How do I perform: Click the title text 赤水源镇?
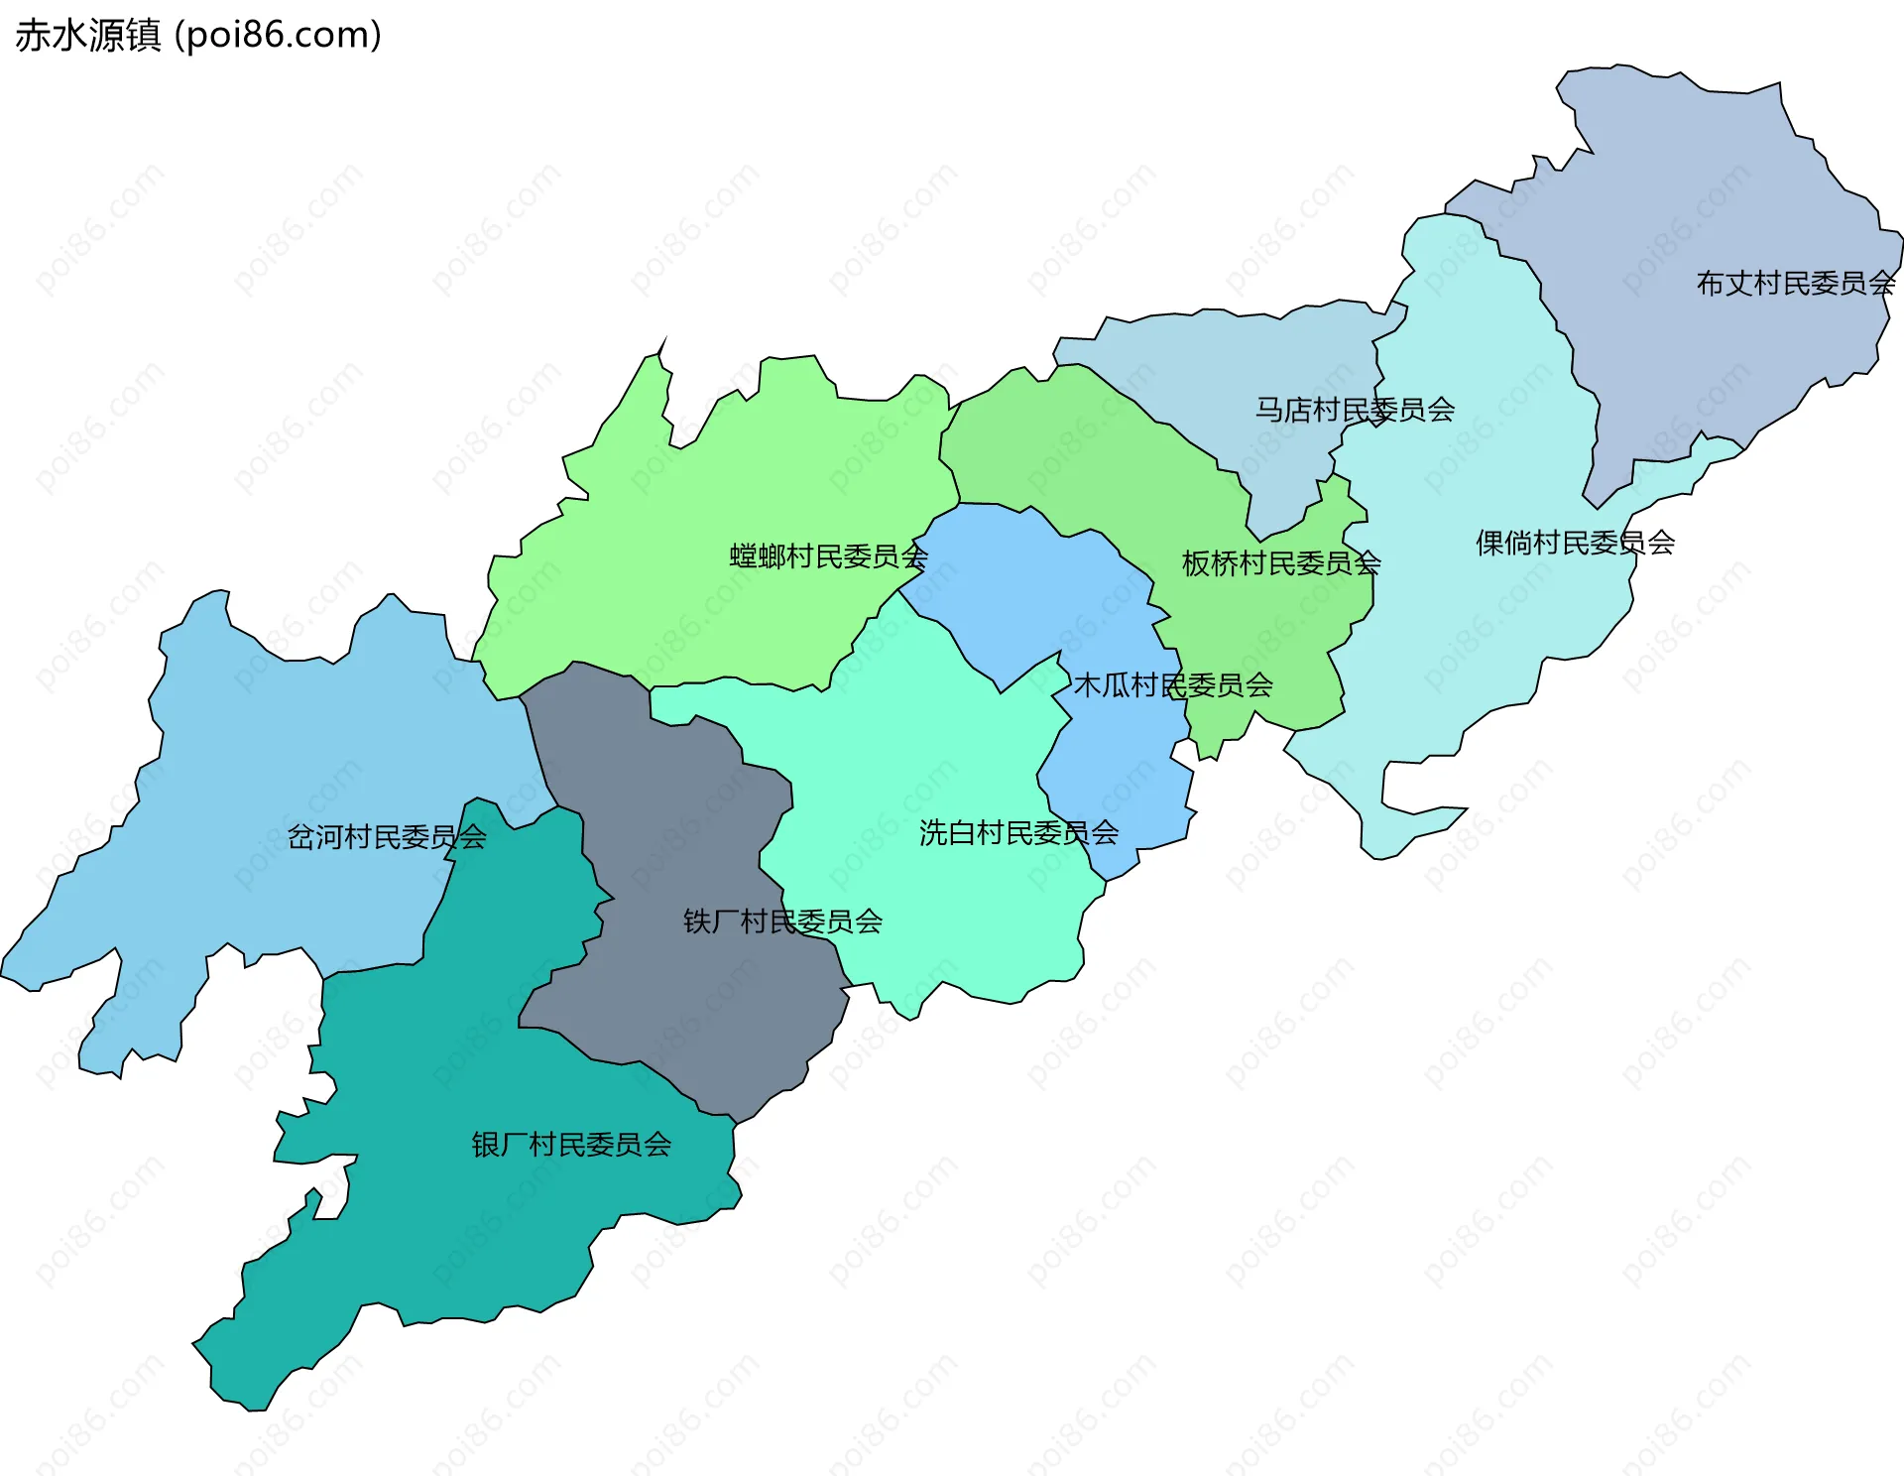click(87, 36)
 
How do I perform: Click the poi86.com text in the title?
click(278, 36)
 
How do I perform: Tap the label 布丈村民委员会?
click(1795, 284)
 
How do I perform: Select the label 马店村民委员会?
click(1355, 410)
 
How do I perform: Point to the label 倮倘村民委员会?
click(1575, 543)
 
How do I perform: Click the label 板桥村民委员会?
click(1280, 563)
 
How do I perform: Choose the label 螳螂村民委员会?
click(828, 556)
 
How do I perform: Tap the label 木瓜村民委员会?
click(1173, 685)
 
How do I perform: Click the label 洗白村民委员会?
click(1018, 833)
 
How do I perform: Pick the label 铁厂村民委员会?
click(782, 922)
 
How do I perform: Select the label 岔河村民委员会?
click(387, 837)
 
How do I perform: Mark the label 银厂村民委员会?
click(571, 1145)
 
